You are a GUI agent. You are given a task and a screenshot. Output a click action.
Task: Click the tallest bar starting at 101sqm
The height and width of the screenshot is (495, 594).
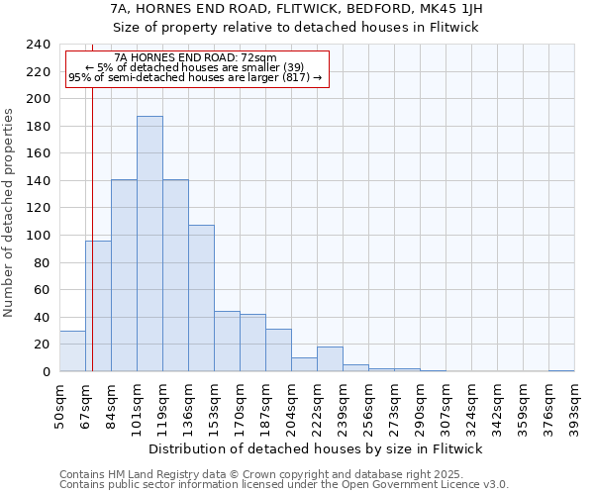pyautogui.click(x=149, y=244)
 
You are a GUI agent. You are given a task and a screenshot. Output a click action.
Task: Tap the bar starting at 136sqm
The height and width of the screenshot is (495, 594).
pyautogui.click(x=201, y=298)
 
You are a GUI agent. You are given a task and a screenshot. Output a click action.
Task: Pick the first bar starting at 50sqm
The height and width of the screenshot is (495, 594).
pyautogui.click(x=72, y=350)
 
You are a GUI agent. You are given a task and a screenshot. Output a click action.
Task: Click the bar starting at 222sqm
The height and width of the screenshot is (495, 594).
pyautogui.click(x=330, y=359)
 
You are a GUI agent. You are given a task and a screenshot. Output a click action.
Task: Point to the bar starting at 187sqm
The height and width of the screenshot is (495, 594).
pyautogui.click(x=278, y=349)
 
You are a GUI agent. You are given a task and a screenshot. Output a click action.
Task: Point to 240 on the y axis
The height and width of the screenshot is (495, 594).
pyautogui.click(x=39, y=46)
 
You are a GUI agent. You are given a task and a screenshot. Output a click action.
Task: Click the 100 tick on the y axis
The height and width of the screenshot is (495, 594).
pyautogui.click(x=39, y=236)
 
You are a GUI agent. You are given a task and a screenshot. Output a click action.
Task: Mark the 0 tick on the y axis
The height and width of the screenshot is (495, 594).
pyautogui.click(x=47, y=372)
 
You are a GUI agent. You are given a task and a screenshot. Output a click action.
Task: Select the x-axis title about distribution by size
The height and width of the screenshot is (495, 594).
pyautogui.click(x=316, y=448)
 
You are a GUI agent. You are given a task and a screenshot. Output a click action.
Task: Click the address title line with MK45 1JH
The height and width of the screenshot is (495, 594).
pyautogui.click(x=296, y=9)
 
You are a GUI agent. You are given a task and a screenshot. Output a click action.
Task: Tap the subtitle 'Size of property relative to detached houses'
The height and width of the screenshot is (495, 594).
pyautogui.click(x=296, y=27)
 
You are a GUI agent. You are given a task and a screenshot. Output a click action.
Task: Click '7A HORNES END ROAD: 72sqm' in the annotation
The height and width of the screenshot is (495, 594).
pyautogui.click(x=195, y=58)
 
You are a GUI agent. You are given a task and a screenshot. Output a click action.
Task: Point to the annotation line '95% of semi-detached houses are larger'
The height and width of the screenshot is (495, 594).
pyautogui.click(x=195, y=78)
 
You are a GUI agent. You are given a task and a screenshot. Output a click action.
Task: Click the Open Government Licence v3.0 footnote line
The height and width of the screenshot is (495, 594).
pyautogui.click(x=284, y=485)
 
